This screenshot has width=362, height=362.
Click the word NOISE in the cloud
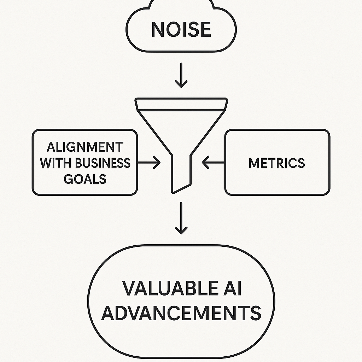click(181, 29)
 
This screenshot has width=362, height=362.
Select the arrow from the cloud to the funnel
click(181, 75)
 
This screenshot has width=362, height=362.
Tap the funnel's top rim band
click(181, 104)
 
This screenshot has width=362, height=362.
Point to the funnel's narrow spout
click(181, 174)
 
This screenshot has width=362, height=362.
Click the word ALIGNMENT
click(85, 147)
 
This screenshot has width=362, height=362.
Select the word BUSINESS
click(103, 163)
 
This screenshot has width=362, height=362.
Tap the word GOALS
click(85, 179)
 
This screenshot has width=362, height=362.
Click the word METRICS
click(277, 163)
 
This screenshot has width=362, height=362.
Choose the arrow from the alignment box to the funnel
click(149, 163)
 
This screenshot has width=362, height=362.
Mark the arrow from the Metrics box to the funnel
click(213, 163)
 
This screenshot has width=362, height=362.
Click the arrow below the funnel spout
click(181, 218)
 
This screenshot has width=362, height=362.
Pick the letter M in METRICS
click(254, 163)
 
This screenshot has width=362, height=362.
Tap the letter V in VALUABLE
click(129, 288)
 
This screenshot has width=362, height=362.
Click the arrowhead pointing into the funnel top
click(181, 84)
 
